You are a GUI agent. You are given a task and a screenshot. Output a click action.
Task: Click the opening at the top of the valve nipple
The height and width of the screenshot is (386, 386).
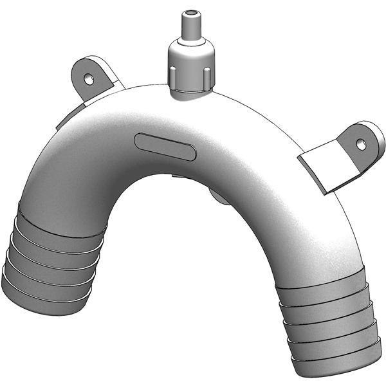click(190, 12)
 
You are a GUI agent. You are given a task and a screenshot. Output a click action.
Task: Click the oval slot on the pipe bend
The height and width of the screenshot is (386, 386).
click(165, 146)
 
